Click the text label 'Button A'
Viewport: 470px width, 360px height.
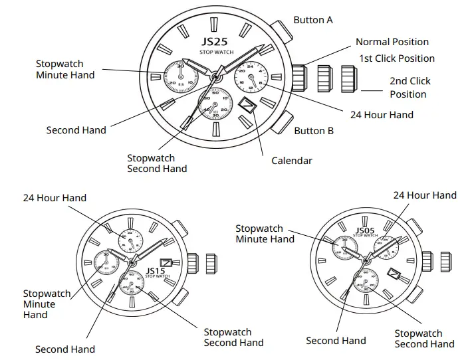point(313,20)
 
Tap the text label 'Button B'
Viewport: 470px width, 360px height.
point(314,131)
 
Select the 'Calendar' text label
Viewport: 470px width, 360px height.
point(291,161)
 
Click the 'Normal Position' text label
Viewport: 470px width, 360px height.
point(392,42)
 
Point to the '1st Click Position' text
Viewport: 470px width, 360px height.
point(397,58)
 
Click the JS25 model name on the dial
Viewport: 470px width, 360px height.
point(213,42)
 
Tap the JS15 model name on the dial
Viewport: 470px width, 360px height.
point(154,271)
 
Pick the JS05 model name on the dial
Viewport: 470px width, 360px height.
point(365,230)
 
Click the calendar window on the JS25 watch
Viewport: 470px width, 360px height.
point(247,105)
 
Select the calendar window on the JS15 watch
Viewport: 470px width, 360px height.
point(166,262)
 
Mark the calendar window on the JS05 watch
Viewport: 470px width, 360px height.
point(394,274)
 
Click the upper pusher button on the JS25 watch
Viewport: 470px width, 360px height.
point(280,33)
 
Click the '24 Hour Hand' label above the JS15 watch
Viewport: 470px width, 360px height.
point(55,198)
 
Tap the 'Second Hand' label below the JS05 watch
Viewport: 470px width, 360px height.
point(336,341)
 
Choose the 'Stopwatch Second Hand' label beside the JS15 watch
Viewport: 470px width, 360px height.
point(233,337)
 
